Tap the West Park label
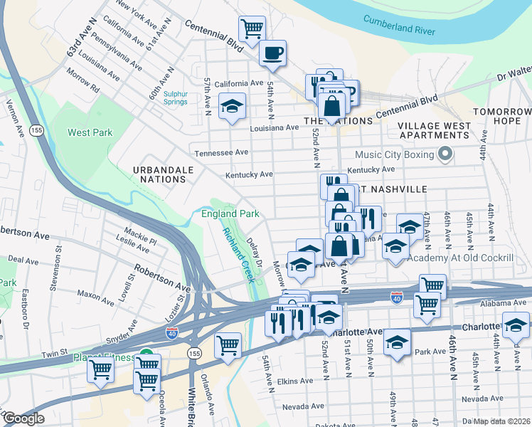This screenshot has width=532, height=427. click(x=90, y=132)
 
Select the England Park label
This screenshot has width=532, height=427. click(x=230, y=213)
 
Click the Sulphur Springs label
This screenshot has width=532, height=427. click(x=175, y=97)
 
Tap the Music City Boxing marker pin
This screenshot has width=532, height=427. click(x=446, y=153)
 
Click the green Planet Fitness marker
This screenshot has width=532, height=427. click(x=146, y=354)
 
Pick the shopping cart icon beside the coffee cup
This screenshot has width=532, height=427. click(x=252, y=28)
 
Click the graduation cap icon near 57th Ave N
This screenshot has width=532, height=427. click(x=232, y=106)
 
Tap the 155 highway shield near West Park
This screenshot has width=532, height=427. click(x=37, y=130)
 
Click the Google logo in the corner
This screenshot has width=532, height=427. click(x=23, y=418)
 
